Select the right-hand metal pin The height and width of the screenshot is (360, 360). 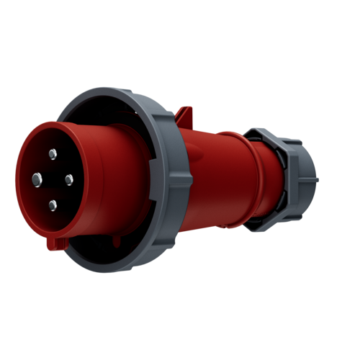pos(70,179)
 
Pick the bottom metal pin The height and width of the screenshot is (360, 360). pos(52,205)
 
